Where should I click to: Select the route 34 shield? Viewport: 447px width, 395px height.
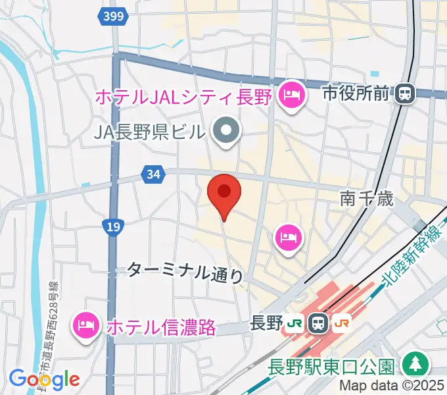pyautogui.click(x=153, y=175)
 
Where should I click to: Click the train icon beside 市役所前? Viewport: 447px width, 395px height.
pyautogui.click(x=405, y=94)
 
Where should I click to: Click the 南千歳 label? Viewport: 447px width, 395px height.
pyautogui.click(x=367, y=197)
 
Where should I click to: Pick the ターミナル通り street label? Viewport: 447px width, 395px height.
pyautogui.click(x=185, y=271)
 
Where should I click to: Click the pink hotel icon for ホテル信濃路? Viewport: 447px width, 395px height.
pyautogui.click(x=87, y=324)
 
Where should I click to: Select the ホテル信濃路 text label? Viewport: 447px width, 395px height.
pyautogui.click(x=160, y=327)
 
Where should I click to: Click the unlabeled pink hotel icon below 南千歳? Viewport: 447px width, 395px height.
pyautogui.click(x=288, y=236)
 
